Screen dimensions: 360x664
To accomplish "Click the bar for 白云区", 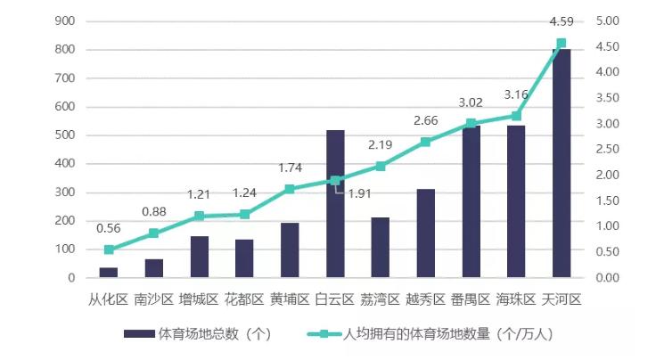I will (335, 204).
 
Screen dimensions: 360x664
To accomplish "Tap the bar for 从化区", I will (109, 273).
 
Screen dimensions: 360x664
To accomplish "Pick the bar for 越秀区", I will (425, 233).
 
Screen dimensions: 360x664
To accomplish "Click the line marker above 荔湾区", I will (381, 167).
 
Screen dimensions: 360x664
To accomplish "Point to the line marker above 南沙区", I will (154, 233).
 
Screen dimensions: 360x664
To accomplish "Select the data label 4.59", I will (561, 20).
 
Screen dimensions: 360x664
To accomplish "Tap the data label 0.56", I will (109, 228).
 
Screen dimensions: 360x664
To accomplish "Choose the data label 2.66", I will (425, 120).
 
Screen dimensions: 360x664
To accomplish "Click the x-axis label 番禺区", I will (471, 299).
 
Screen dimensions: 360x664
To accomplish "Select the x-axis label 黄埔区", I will (290, 299).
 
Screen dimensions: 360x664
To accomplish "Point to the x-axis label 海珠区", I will (516, 299).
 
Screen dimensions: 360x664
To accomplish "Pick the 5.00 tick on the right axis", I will (607, 20).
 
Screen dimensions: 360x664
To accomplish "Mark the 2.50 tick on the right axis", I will (607, 149).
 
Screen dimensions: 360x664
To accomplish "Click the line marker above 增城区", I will (200, 217).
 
